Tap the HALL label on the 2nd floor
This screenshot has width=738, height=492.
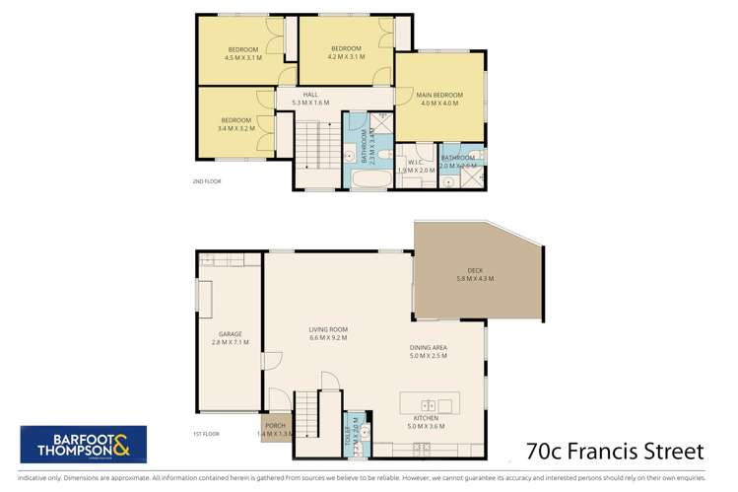pyautogui.click(x=310, y=95)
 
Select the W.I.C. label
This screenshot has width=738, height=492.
pyautogui.click(x=415, y=163)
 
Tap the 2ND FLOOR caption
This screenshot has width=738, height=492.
pyautogui.click(x=207, y=181)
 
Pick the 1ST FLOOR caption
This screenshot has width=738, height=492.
pyautogui.click(x=206, y=433)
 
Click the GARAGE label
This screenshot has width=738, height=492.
pyautogui.click(x=231, y=334)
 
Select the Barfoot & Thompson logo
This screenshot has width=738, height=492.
pyautogui.click(x=84, y=444)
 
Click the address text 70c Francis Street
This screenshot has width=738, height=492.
pyautogui.click(x=615, y=451)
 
